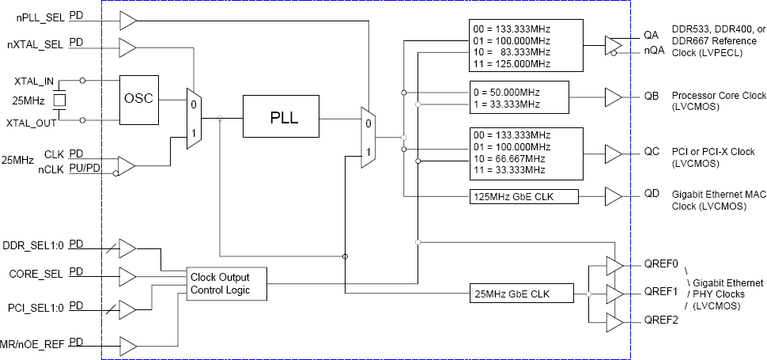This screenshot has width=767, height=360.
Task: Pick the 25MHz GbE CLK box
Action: pyautogui.click(x=521, y=294)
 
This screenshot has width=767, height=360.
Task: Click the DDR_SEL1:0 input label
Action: pyautogui.click(x=34, y=244)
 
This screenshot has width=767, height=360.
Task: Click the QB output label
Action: pyautogui.click(x=652, y=97)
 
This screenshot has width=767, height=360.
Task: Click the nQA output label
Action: pyautogui.click(x=653, y=51)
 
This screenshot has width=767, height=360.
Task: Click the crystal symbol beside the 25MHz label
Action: pyautogui.click(x=59, y=100)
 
